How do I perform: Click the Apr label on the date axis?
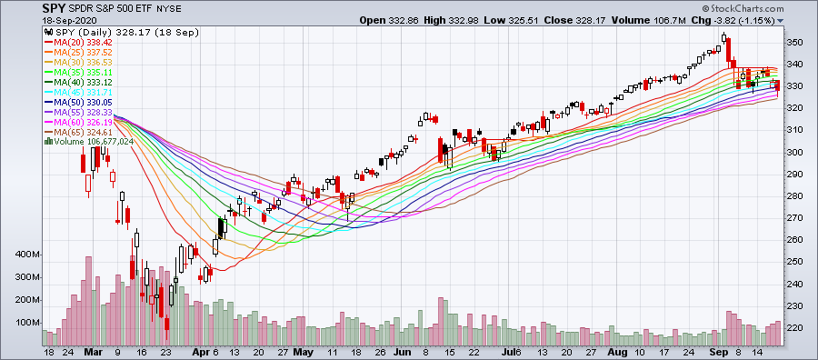(200, 350)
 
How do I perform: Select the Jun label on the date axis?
(400, 350)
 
